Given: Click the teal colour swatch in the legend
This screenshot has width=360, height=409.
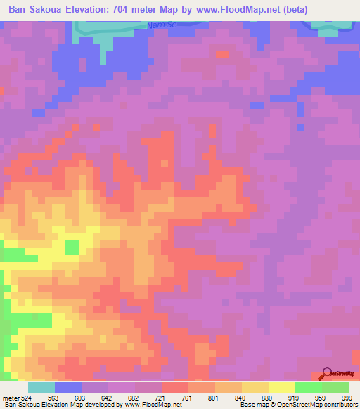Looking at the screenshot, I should pyautogui.click(x=41, y=387).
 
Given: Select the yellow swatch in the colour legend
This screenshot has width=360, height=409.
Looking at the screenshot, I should pyautogui.click(x=281, y=387).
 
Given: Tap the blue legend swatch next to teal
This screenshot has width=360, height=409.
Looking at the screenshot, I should pyautogui.click(x=68, y=387).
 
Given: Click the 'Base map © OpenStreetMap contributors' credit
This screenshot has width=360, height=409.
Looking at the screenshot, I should pyautogui.click(x=297, y=404).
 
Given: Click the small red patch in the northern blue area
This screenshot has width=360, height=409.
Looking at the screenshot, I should pyautogui.click(x=223, y=54).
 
